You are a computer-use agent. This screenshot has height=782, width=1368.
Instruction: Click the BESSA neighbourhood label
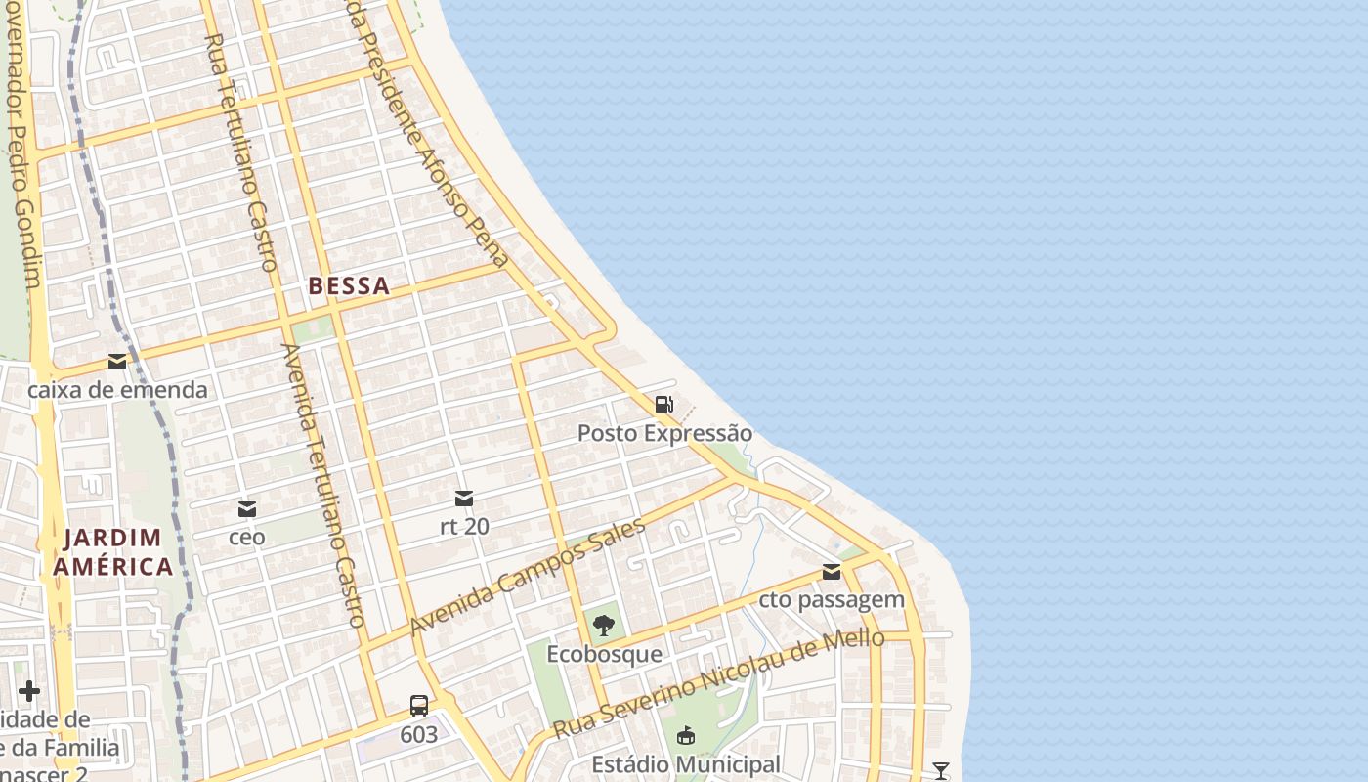(349, 286)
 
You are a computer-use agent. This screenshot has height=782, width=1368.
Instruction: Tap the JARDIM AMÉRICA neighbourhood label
(112, 552)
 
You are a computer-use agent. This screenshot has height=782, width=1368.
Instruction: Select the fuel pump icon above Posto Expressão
(664, 404)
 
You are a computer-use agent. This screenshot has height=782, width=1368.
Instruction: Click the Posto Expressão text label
(664, 433)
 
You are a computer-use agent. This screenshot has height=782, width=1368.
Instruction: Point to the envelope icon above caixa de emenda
(117, 362)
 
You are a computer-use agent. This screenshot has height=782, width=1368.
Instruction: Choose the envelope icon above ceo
(247, 509)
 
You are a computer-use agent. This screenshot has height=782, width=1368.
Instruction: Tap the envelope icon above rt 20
(464, 499)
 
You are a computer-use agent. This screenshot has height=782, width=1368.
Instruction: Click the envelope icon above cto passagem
(832, 572)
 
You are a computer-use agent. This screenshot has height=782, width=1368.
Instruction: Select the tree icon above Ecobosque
(604, 625)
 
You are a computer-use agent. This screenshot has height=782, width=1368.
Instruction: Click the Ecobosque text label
(604, 654)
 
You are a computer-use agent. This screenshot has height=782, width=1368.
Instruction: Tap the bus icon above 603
(419, 705)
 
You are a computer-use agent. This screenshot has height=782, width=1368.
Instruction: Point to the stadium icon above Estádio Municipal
(686, 735)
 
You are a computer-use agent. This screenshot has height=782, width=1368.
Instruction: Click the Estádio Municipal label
(686, 764)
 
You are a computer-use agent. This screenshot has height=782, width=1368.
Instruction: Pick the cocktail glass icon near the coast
(940, 771)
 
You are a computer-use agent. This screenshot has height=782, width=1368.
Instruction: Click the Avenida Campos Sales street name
(528, 577)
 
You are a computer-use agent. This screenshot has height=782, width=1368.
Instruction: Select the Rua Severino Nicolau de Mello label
(718, 684)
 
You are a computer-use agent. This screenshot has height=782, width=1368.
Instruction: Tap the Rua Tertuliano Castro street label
(242, 152)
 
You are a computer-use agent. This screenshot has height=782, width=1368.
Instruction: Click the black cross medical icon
(29, 691)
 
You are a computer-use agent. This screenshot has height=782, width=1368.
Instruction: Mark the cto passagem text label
(832, 600)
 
